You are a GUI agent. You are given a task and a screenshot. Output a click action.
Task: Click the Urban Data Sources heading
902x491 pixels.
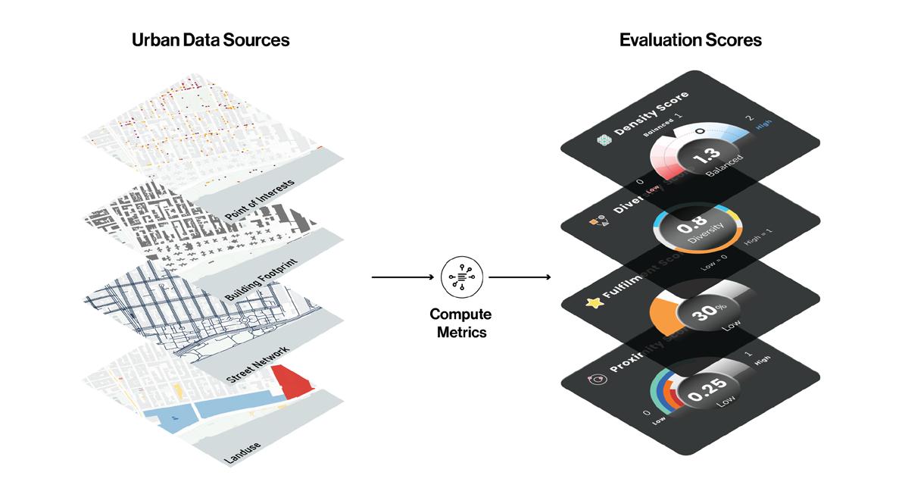click(211, 40)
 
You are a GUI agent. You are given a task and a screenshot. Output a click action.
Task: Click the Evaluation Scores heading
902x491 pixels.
click(690, 40)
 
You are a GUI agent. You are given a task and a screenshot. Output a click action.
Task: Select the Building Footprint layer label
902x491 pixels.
click(261, 281)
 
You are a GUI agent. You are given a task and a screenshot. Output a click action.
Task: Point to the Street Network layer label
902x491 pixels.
click(260, 363)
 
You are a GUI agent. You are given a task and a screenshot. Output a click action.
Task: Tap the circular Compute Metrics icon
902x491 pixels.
click(460, 277)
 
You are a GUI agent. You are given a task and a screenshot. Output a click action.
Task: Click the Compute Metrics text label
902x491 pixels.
click(460, 322)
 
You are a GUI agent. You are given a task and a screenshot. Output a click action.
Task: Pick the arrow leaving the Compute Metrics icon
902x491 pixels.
click(520, 277)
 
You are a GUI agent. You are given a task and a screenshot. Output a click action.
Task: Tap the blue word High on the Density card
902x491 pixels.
click(763, 131)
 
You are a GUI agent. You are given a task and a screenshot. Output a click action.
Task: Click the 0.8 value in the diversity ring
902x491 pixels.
click(688, 228)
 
